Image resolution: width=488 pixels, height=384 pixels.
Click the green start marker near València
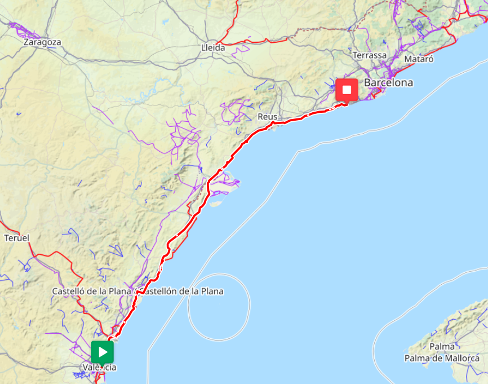(x=102, y=352)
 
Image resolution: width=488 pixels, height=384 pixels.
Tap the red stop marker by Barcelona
(x=347, y=90)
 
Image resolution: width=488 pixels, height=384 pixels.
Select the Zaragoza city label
(x=42, y=42)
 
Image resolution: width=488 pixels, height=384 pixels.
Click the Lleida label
(x=213, y=48)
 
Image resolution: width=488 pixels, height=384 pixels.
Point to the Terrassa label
(x=370, y=55)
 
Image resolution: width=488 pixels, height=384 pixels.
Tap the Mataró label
(x=419, y=59)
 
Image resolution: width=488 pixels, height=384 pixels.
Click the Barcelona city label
(x=388, y=83)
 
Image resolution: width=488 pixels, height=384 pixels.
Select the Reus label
(x=268, y=117)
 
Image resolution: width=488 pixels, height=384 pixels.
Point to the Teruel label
(x=16, y=238)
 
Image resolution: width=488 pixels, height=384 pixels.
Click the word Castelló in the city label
(x=68, y=292)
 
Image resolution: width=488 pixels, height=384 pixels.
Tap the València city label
(x=100, y=368)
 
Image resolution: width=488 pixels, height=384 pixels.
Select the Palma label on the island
(x=442, y=346)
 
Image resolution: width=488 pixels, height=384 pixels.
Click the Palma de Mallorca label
(x=442, y=358)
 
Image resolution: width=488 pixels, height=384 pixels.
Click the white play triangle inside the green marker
(x=103, y=352)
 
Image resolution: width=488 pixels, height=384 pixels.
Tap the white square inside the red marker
(x=347, y=90)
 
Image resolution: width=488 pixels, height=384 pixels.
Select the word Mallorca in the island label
(x=462, y=358)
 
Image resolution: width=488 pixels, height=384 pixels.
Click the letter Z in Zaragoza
(x=26, y=42)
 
